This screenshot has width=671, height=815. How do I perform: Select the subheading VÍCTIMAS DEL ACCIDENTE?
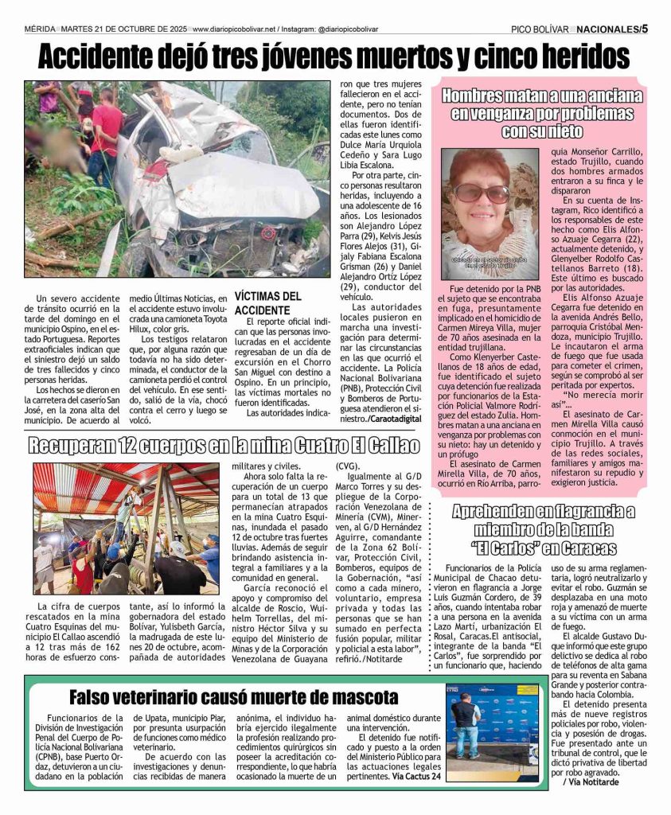coord(267,302)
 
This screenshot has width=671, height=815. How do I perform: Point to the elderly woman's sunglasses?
coord(481,193)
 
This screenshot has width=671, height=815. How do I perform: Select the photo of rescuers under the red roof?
coord(126,528)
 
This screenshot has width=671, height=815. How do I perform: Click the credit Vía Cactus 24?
coord(411,775)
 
